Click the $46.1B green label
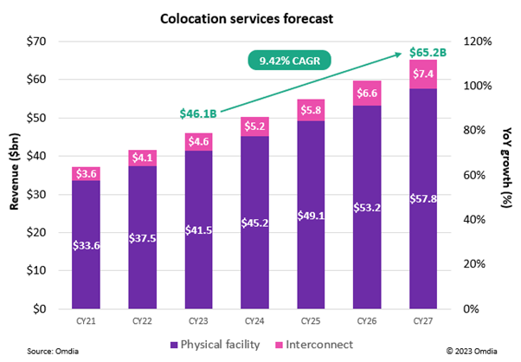point(197,113)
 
